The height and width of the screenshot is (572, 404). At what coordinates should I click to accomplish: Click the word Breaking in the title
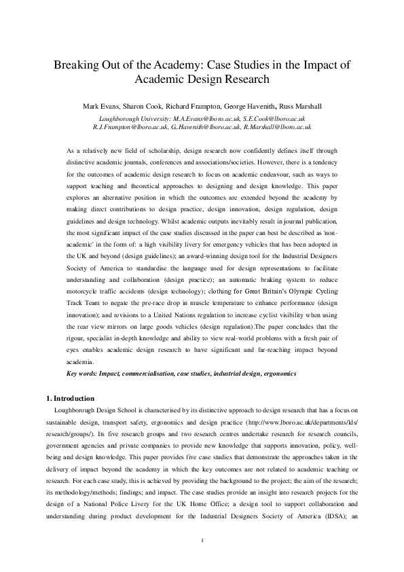[80, 65]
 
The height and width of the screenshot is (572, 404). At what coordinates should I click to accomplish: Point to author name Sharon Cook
[142, 107]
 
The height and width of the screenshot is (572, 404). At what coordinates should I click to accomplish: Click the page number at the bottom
[202, 559]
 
